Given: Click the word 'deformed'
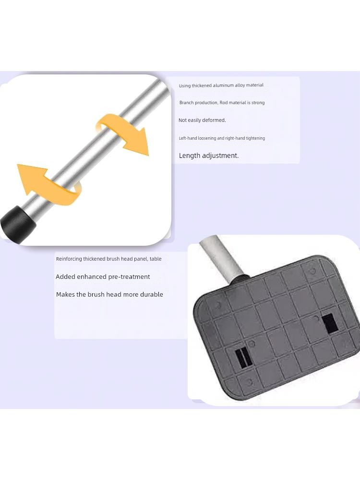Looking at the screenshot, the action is coord(214,120).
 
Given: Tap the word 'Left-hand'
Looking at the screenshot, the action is coord(188,138).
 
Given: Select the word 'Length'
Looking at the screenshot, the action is coord(190,156).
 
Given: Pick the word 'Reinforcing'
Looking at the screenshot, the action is coord(69,259).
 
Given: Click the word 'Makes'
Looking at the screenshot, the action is coord(65,295).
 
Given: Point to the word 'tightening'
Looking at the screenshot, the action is coord(255,138).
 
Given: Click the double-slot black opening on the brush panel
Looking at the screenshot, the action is coord(243,358).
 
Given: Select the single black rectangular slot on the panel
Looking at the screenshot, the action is coord(330,323).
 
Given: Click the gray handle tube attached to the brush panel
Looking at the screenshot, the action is coord(221,259).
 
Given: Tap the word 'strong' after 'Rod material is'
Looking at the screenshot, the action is coord(258,103).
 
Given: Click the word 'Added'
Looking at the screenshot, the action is coord(65,277).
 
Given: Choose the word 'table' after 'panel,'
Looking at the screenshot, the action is coord(156,259).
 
